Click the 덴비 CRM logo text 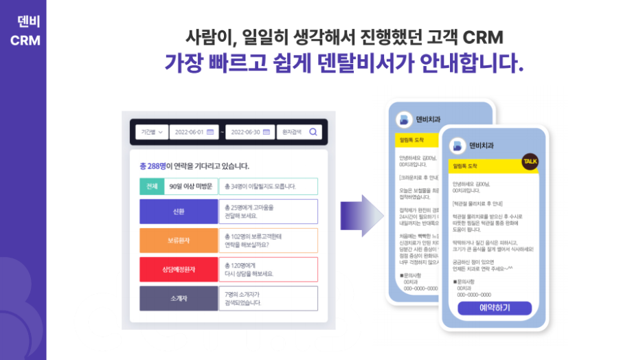point(25,31)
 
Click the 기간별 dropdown point(151,132)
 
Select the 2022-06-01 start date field point(194,132)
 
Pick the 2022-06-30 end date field point(250,132)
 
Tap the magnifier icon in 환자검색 point(313,132)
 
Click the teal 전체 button point(151,186)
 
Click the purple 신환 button point(178,211)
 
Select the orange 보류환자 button point(178,240)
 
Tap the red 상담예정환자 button point(178,269)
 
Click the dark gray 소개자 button point(178,298)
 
